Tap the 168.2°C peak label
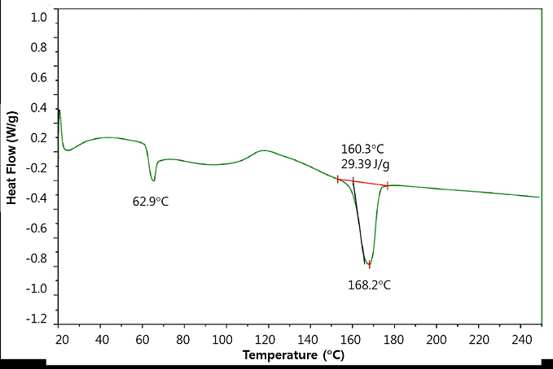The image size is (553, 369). [370, 284]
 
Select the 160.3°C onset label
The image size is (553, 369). [362, 150]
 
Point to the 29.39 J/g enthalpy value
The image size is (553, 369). [365, 165]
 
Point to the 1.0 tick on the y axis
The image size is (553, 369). [39, 17]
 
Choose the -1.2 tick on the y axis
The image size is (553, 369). [37, 320]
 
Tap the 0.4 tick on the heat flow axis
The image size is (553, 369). [39, 108]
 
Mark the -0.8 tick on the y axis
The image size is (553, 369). [37, 259]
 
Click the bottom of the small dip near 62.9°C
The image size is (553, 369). [152, 180]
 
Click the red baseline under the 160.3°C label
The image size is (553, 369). [362, 182]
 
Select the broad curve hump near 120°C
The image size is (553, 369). [262, 151]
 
